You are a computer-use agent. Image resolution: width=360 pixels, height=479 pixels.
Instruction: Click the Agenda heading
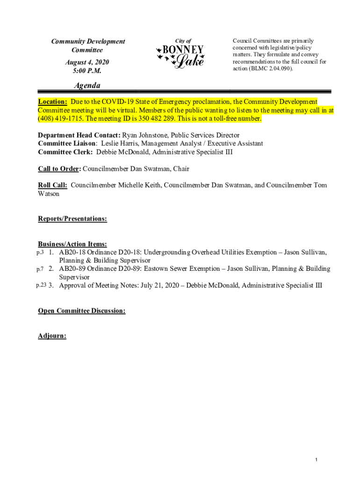[87, 86]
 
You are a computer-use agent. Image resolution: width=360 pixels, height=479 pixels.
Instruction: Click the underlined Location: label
[52, 102]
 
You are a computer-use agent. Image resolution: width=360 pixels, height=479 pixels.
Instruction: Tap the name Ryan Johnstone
[145, 136]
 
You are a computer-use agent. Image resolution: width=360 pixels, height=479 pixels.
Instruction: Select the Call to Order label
[59, 169]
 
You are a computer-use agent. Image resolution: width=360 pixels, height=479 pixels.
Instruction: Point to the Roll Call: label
[52, 185]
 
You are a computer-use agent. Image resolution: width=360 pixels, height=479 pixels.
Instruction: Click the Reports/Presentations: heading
[72, 218]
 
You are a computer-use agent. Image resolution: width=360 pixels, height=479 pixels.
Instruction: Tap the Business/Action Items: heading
[72, 244]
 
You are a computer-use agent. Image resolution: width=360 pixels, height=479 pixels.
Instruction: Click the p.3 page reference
[40, 253]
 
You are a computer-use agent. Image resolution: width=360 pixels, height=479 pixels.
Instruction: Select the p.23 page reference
[41, 285]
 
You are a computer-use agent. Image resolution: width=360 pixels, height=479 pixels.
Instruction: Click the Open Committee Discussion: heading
[81, 311]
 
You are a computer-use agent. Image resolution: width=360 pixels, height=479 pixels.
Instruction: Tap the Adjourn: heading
[52, 336]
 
